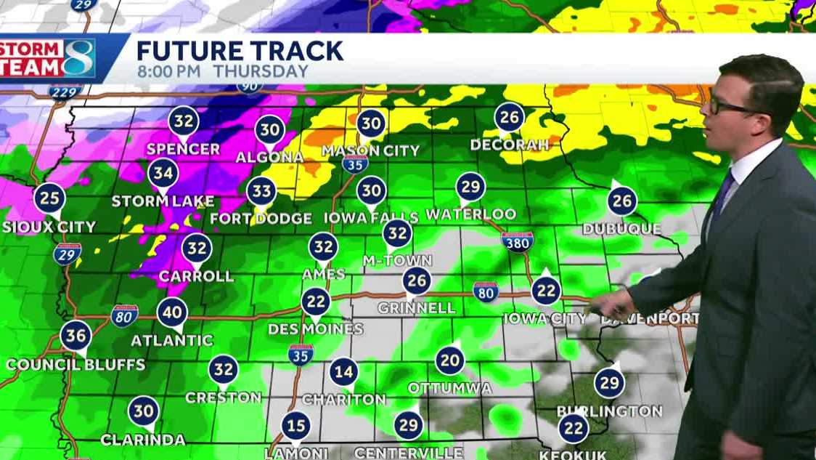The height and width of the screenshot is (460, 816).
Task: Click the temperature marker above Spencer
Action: click(183, 120)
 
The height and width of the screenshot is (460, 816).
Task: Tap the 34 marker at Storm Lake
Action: click(163, 173)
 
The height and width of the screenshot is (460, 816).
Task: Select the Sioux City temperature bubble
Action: click(49, 198)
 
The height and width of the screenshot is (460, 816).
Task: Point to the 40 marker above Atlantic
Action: click(172, 312)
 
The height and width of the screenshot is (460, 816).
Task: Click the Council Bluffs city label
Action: click(77, 365)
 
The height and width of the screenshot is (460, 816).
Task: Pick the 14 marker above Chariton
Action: click(343, 372)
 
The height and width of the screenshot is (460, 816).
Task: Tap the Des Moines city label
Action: click(315, 329)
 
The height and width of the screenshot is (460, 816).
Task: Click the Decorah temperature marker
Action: click(510, 117)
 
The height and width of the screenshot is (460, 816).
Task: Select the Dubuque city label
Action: click(621, 230)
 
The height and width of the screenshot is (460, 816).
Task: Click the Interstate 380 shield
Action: click(517, 243)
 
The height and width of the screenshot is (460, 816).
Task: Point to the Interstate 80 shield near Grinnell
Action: click(486, 291)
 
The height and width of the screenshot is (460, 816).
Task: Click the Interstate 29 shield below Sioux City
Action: click(67, 253)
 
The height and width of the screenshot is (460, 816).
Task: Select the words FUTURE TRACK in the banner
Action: click(240, 51)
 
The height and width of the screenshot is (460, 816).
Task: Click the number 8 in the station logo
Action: click(78, 58)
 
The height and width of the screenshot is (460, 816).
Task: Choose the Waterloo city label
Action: click(470, 214)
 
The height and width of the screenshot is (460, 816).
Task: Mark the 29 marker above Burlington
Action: click(609, 383)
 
